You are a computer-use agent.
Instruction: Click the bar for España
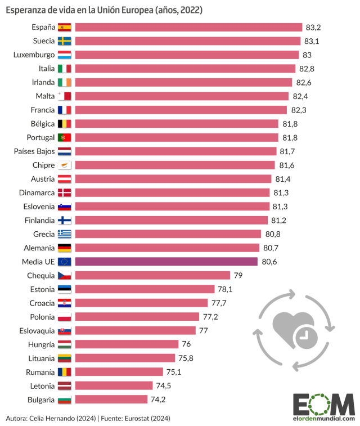188,27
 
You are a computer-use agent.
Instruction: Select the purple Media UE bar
166,261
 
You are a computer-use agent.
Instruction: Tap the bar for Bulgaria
112,400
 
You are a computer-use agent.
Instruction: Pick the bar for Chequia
152,275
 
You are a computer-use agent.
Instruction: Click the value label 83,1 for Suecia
313,41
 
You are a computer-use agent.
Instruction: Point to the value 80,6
269,262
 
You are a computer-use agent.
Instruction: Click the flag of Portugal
64,137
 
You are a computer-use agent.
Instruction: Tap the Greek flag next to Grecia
64,234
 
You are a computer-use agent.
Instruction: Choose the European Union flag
64,262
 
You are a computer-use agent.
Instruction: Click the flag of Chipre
64,165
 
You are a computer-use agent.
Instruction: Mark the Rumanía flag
64,372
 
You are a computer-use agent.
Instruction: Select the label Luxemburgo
34,55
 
